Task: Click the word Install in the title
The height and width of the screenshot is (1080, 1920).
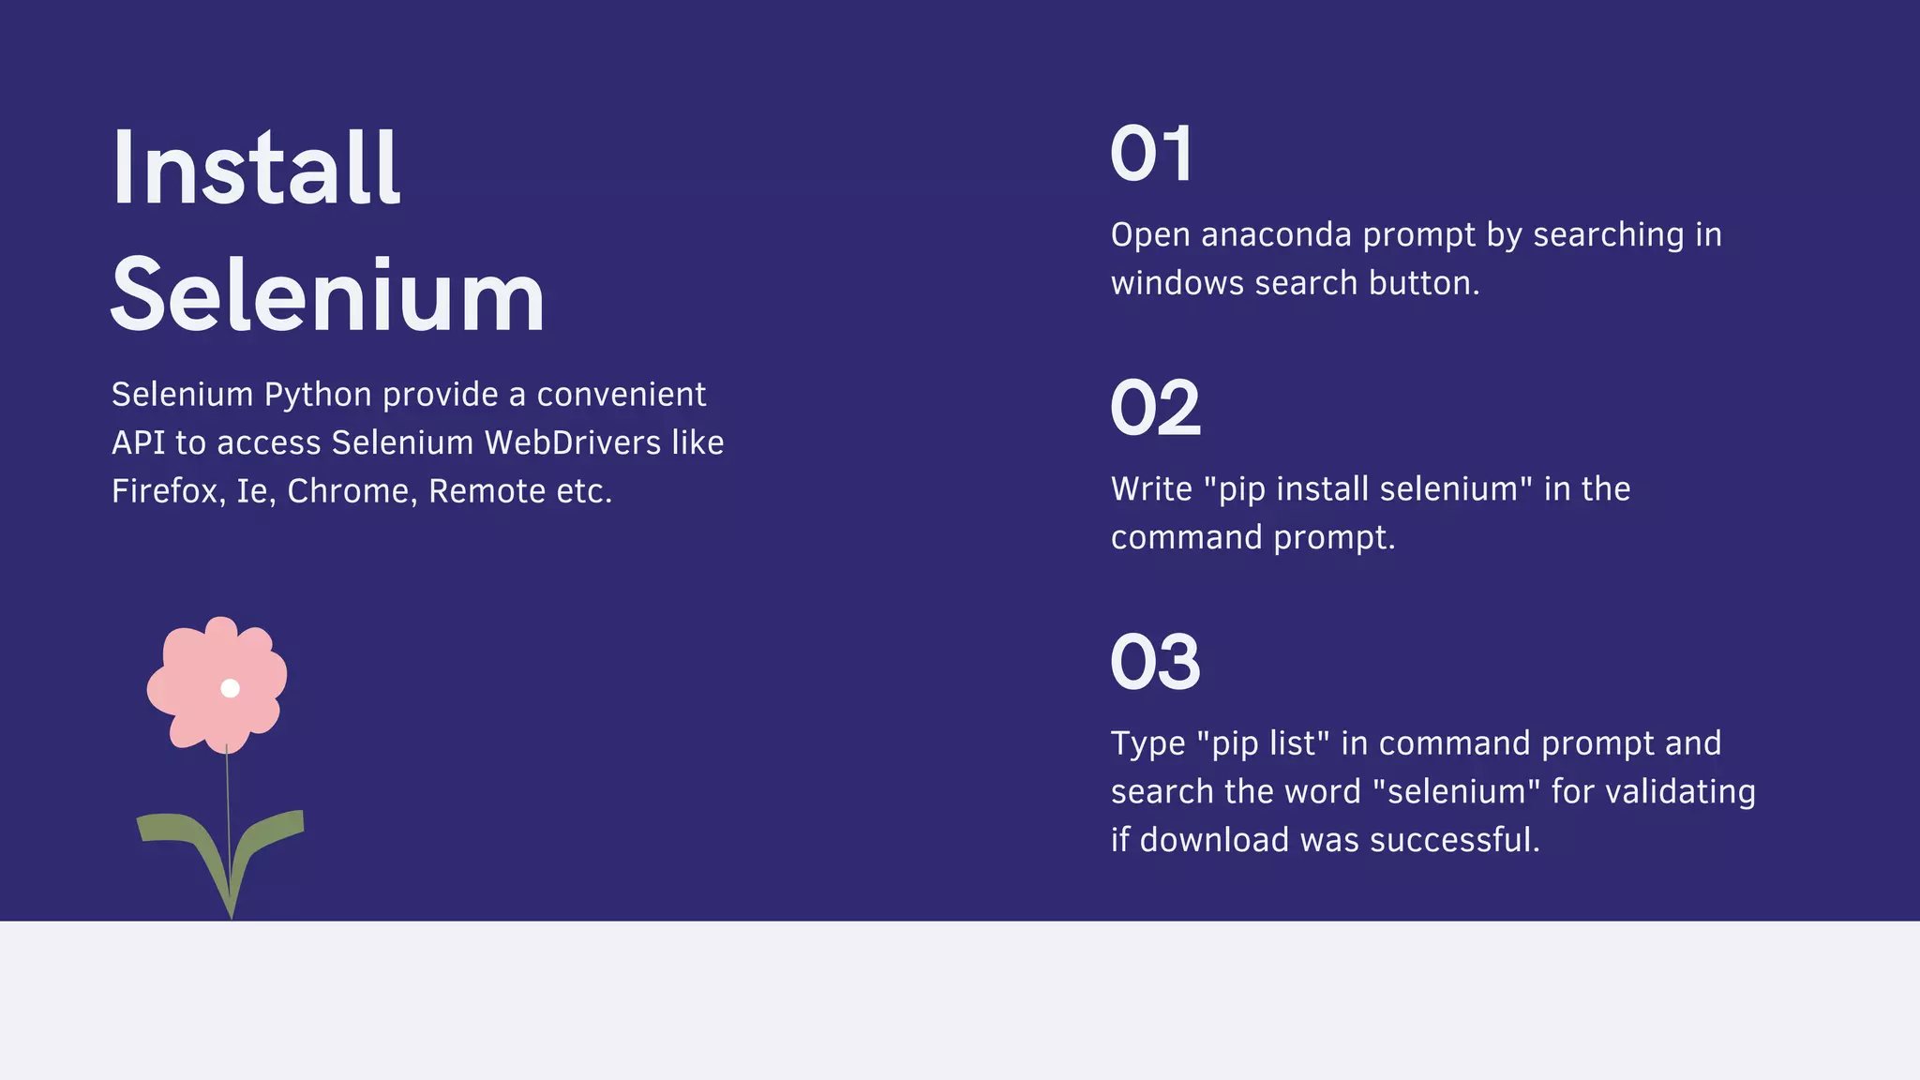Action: (x=255, y=169)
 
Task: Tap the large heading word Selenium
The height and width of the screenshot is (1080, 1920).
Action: (x=327, y=296)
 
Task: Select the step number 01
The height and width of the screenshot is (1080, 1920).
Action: (x=1152, y=154)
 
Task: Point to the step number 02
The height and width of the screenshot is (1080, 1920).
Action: (x=1155, y=408)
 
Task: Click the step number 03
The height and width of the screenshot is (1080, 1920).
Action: (x=1155, y=662)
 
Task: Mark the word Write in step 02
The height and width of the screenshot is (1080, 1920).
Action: (x=1151, y=489)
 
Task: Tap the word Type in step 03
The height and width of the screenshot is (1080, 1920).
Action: (x=1148, y=744)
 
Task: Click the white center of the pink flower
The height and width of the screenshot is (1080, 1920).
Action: (x=230, y=688)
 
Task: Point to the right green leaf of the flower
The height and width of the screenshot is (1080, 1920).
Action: (x=272, y=829)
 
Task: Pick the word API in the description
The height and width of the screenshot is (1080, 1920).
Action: (x=138, y=442)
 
